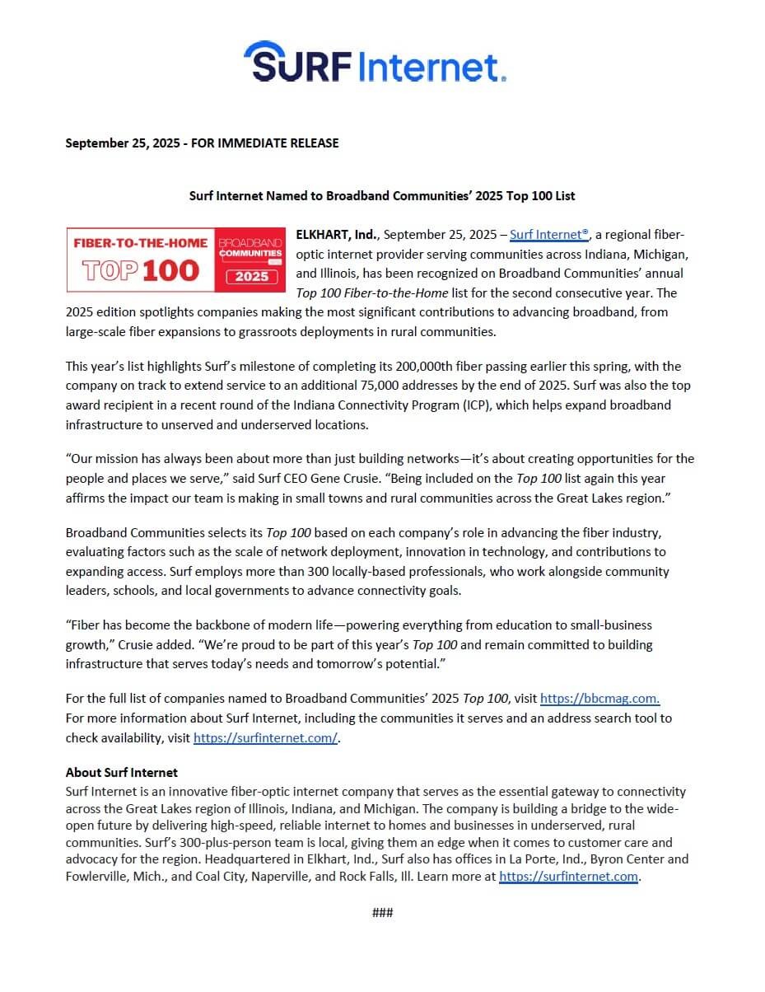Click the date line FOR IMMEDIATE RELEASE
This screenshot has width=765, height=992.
click(x=202, y=143)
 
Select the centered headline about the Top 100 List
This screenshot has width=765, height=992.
click(x=382, y=196)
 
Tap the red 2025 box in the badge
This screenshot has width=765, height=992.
click(x=251, y=275)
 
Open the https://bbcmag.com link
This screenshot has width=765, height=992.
click(x=599, y=699)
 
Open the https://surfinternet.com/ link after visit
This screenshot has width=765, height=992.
click(x=265, y=738)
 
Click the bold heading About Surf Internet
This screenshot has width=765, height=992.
click(x=122, y=773)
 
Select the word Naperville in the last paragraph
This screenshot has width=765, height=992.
click(x=277, y=876)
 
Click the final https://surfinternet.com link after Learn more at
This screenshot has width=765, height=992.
click(x=569, y=876)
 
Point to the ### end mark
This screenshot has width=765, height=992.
click(x=382, y=913)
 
